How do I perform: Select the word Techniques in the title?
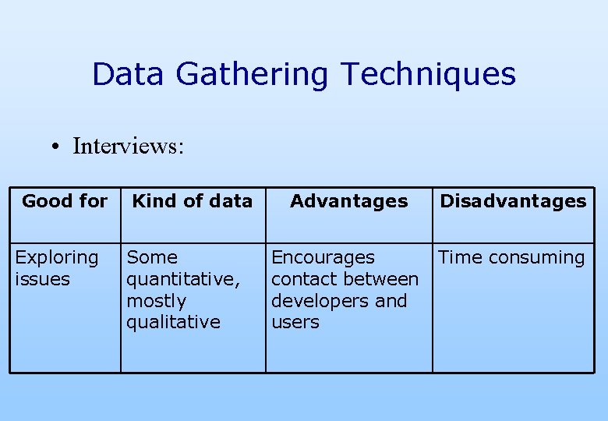click(428, 75)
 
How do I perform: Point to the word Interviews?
click(128, 146)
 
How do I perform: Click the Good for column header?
click(65, 201)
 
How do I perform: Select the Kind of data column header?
click(193, 201)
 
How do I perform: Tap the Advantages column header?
click(348, 201)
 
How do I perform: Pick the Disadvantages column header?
click(513, 201)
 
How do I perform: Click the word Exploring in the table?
click(57, 258)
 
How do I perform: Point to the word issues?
click(42, 279)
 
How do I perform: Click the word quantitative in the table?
click(182, 279)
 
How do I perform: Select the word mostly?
click(156, 301)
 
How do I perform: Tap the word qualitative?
click(173, 322)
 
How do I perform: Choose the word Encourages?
click(323, 257)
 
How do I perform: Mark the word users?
click(295, 322)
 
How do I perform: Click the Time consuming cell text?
click(511, 257)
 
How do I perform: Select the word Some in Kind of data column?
click(152, 257)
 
